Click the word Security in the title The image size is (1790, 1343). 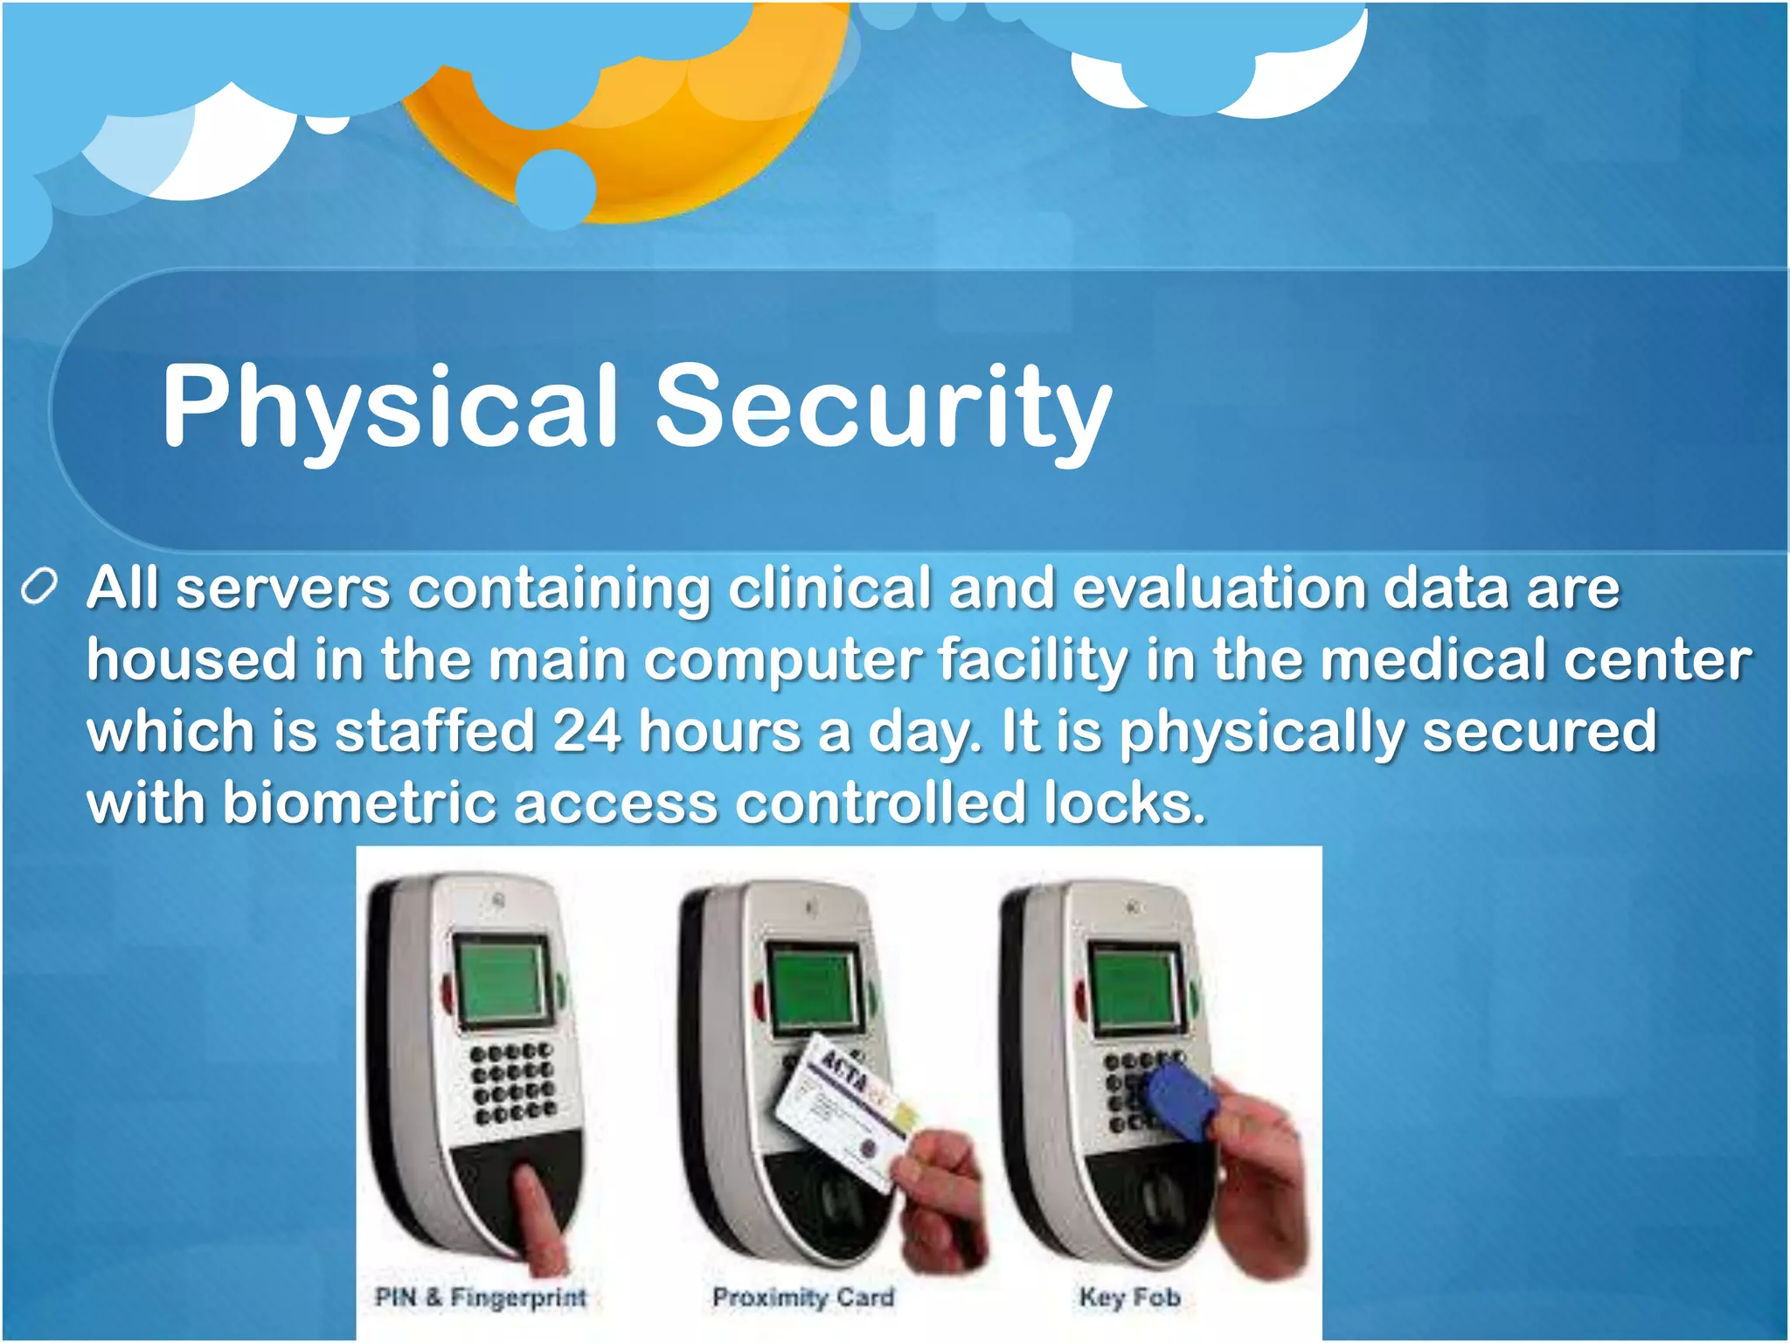tap(883, 407)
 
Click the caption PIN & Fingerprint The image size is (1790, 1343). tap(481, 1297)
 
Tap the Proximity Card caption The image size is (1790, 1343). tap(803, 1297)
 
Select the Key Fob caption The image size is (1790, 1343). tap(1130, 1297)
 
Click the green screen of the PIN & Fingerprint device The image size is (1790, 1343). tap(503, 979)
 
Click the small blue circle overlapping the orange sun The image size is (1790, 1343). tap(555, 188)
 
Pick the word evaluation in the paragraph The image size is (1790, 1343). tap(1219, 588)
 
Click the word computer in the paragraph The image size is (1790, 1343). tap(782, 659)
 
